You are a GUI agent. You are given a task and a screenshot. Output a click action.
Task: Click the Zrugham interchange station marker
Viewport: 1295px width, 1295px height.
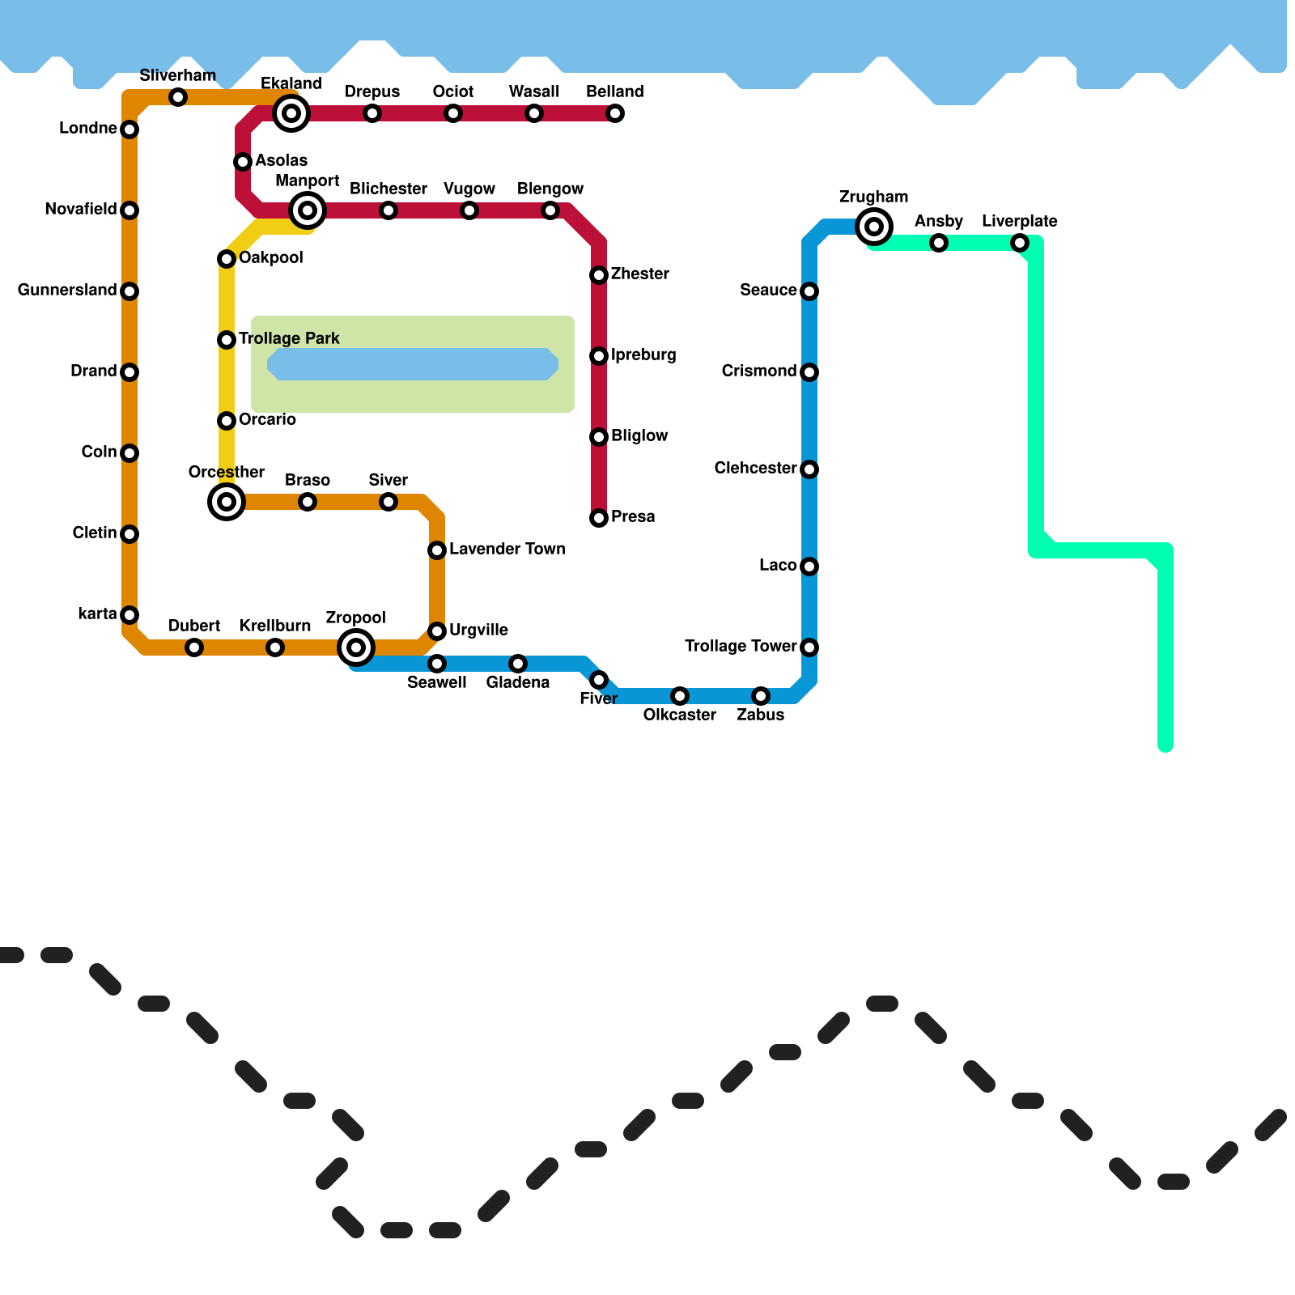(x=874, y=227)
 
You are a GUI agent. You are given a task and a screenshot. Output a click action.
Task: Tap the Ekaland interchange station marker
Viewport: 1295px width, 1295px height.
(x=291, y=113)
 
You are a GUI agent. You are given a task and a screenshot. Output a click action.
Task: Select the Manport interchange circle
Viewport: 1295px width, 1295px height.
(x=308, y=210)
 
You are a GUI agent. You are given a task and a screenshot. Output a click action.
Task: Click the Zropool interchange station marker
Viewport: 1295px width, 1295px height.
(x=356, y=647)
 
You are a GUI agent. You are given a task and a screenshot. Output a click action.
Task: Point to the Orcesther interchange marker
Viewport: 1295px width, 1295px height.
(x=227, y=502)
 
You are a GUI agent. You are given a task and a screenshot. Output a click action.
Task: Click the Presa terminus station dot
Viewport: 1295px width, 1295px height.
(x=599, y=518)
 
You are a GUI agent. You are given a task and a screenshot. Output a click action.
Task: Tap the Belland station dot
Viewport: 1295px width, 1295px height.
(x=615, y=113)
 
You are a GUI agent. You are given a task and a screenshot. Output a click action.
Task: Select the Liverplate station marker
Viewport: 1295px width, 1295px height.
(x=1020, y=243)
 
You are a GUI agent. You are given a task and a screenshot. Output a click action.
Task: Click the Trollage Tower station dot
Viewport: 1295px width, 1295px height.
(x=809, y=647)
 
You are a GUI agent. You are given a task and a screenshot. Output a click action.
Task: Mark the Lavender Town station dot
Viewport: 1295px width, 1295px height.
(x=437, y=550)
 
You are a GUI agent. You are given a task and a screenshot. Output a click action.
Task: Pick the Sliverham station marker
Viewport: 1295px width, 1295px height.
(x=178, y=97)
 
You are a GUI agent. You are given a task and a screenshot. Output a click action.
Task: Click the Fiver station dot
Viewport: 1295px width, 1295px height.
(x=599, y=680)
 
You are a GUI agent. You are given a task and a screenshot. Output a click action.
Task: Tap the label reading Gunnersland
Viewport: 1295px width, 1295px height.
(x=67, y=290)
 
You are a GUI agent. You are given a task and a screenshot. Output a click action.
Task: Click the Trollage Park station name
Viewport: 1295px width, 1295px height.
(x=289, y=338)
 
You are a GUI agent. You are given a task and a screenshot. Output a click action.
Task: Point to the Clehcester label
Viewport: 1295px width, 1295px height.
(x=755, y=468)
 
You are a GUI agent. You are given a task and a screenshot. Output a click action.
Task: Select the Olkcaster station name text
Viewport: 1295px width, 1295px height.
(x=680, y=715)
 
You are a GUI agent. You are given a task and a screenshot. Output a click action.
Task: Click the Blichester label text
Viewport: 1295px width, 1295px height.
(x=388, y=189)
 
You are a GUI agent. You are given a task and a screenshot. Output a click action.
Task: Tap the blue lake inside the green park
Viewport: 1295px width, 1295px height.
(x=413, y=364)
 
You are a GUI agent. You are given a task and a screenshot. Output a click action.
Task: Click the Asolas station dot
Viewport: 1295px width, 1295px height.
(x=243, y=162)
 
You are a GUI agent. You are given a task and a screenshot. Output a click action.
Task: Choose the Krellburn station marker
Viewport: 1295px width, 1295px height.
(x=275, y=647)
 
